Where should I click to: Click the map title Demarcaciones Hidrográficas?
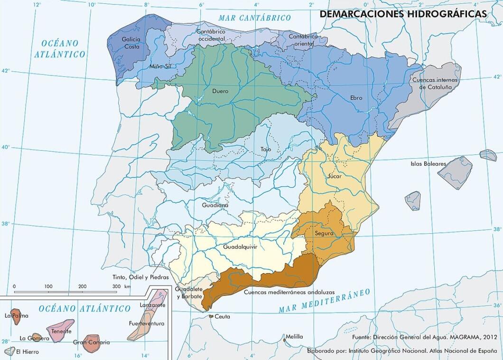pyautogui.click(x=403, y=14)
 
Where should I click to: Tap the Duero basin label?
pyautogui.click(x=220, y=91)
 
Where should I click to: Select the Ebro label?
pyautogui.click(x=356, y=98)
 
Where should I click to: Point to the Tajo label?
pyautogui.click(x=266, y=150)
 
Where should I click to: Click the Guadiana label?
pyautogui.click(x=215, y=206)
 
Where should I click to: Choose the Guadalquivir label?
pyautogui.click(x=243, y=246)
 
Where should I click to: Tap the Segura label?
pyautogui.click(x=324, y=233)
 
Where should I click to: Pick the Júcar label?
pyautogui.click(x=334, y=176)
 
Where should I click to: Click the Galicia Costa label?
pyautogui.click(x=131, y=43)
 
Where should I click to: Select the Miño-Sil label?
pyautogui.click(x=160, y=67)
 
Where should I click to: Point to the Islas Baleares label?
pyautogui.click(x=428, y=164)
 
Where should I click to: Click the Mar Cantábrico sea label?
pyautogui.click(x=254, y=18)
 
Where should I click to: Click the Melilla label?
pyautogui.click(x=294, y=337)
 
